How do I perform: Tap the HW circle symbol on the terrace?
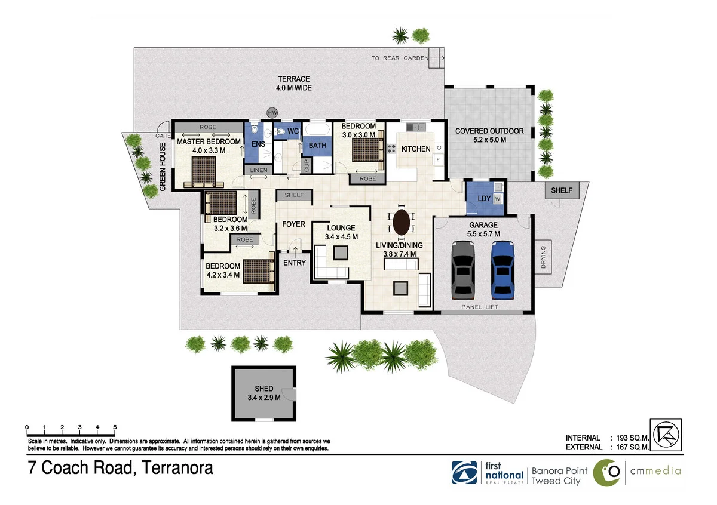[x=272, y=113]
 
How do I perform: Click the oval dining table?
[x=401, y=222]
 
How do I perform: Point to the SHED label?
[x=263, y=389]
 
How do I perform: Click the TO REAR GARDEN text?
[x=400, y=58]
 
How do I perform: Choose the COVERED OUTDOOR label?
[x=489, y=131]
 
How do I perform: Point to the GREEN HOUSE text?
[x=163, y=170]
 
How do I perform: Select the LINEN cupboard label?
[x=258, y=170]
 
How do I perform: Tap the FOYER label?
[x=293, y=224]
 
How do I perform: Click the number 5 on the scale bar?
[x=115, y=427]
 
